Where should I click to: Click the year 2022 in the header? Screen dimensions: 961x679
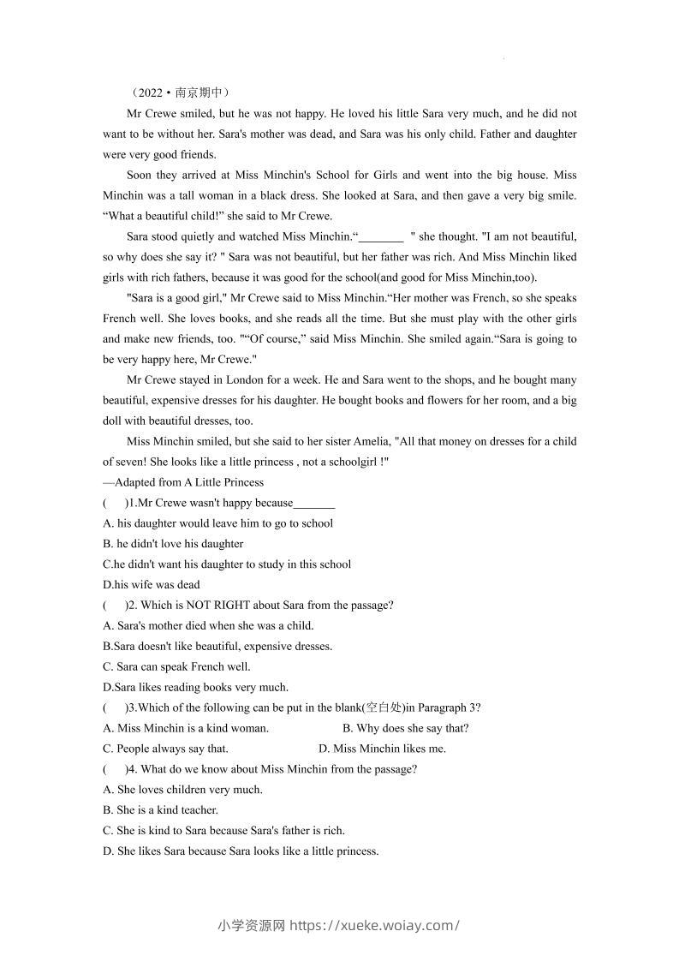coord(149,93)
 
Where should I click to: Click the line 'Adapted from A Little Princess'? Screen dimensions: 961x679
coord(183,482)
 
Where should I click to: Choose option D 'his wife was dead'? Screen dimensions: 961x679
coord(151,585)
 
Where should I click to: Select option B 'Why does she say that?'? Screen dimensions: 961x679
coord(405,728)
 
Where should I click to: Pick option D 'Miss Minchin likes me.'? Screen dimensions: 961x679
coord(382,749)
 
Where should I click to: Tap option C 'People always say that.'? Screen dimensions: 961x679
coord(165,749)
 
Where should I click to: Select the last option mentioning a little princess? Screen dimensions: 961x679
coord(241,851)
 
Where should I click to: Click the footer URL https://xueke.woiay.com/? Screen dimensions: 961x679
coord(374,925)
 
